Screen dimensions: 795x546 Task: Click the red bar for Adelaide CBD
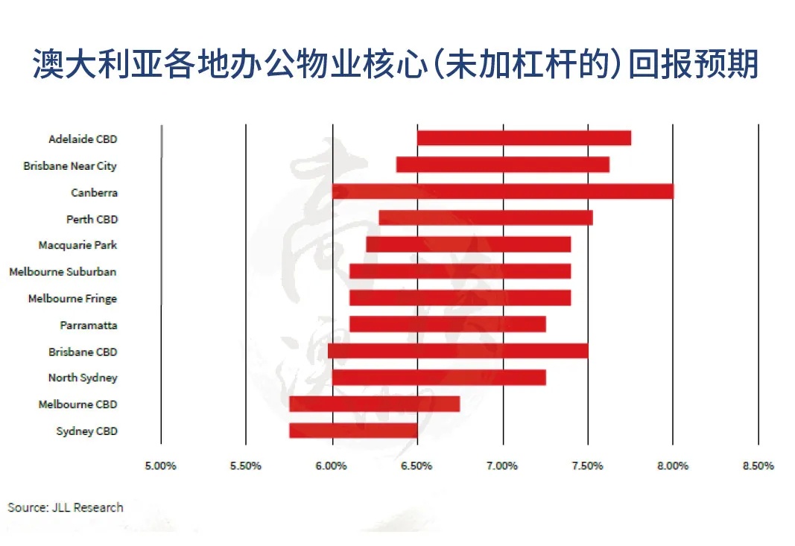point(525,138)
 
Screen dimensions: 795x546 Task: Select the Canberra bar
point(503,191)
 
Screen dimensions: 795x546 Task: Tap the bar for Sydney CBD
point(353,431)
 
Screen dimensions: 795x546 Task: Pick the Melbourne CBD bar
point(375,404)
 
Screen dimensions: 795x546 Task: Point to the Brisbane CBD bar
point(457,351)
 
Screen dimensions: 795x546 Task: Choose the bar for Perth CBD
point(486,218)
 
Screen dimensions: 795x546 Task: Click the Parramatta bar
point(448,324)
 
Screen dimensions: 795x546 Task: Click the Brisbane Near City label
point(70,166)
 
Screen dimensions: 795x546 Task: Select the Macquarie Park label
point(77,245)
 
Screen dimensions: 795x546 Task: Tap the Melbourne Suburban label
point(63,272)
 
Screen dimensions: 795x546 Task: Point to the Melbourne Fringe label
point(72,299)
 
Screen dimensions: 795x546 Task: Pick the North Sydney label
point(83,378)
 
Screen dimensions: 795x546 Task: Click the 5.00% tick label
point(160,466)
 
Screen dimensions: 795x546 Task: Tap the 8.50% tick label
point(758,466)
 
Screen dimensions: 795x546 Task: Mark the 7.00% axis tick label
point(502,466)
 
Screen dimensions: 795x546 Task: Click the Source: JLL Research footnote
point(66,507)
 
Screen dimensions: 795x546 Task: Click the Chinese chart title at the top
point(396,64)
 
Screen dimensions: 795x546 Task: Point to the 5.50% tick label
point(245,466)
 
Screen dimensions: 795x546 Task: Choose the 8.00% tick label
point(673,466)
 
